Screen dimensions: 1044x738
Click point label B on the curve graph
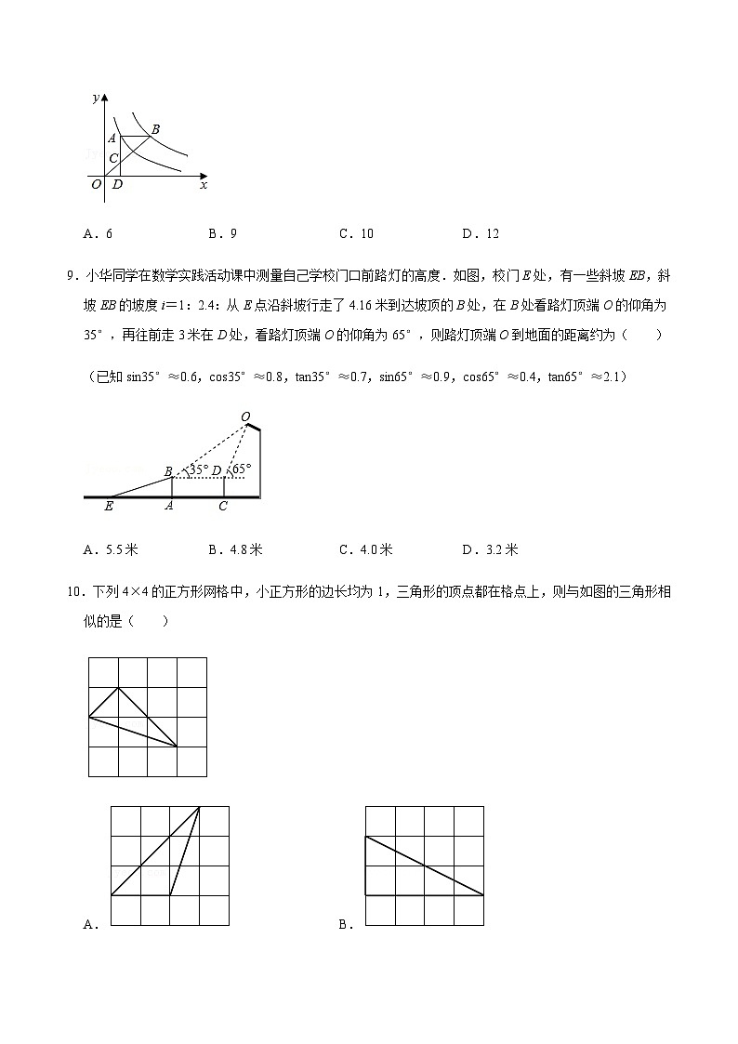(155, 129)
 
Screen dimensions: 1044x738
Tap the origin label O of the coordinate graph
(96, 185)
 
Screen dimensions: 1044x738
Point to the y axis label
(96, 98)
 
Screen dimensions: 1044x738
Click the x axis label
(204, 185)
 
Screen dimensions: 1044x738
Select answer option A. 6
(98, 234)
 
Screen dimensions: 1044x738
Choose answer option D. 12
(481, 234)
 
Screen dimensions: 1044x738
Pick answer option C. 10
(356, 234)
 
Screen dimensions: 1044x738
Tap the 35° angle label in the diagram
(197, 470)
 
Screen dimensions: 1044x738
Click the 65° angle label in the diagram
(242, 470)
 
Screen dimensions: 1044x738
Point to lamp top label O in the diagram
(245, 416)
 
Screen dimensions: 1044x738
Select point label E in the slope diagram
(109, 507)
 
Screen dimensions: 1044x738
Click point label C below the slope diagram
(223, 507)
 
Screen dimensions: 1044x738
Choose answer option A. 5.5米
(111, 549)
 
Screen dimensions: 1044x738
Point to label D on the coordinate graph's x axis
(117, 185)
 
